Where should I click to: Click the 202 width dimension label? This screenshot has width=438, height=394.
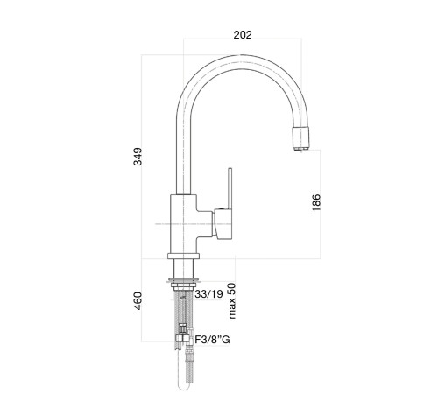coord(243,35)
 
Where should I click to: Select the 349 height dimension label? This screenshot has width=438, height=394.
coord(138,157)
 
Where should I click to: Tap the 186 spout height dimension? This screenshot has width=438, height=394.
coord(316,202)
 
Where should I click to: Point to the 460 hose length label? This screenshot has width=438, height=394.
coord(138,301)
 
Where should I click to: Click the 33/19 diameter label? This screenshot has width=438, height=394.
coord(208,294)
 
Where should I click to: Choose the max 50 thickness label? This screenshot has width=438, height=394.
coord(232,300)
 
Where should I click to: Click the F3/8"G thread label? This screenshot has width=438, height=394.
coord(212,340)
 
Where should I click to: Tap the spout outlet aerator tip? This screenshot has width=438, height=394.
coord(300,139)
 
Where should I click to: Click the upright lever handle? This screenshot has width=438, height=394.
coord(230,188)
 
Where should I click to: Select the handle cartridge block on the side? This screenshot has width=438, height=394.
coord(223,224)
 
